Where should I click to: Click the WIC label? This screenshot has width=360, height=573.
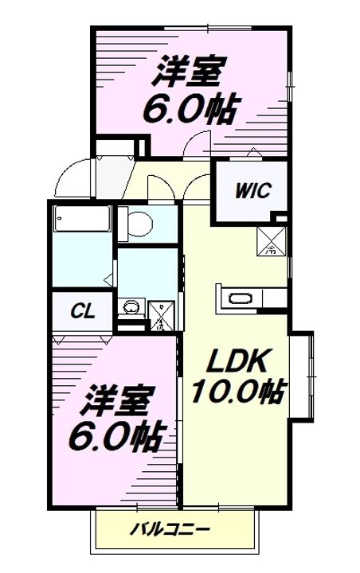252,191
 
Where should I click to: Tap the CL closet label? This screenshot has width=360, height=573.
81,311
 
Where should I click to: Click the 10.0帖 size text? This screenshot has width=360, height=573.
237,392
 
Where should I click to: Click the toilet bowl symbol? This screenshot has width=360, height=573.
136,224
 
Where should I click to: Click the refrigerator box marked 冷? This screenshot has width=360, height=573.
270,240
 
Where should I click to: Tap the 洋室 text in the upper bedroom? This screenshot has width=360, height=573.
189,74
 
